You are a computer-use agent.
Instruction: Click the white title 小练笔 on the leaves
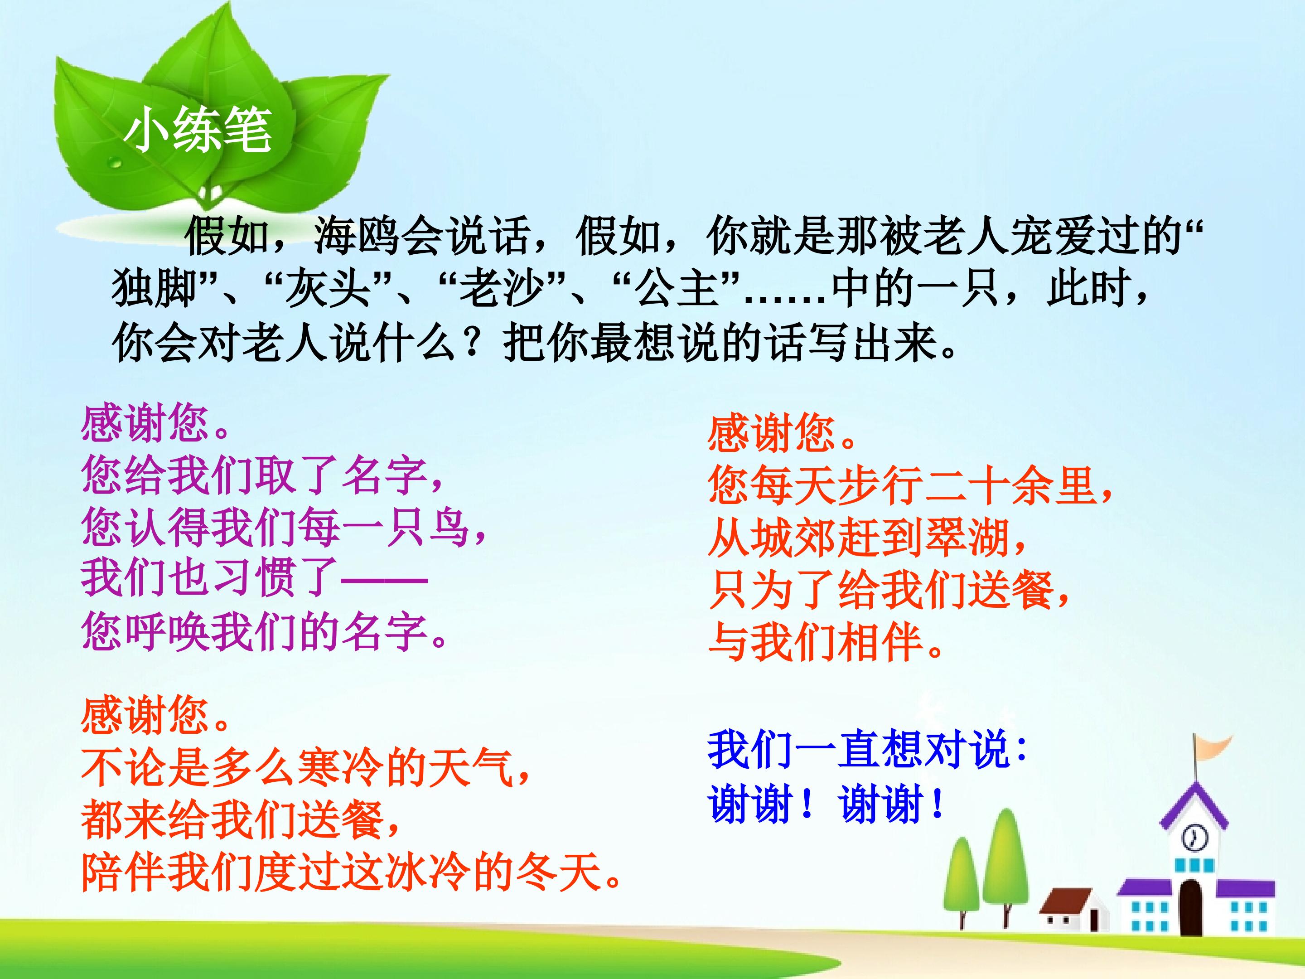click(x=198, y=131)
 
